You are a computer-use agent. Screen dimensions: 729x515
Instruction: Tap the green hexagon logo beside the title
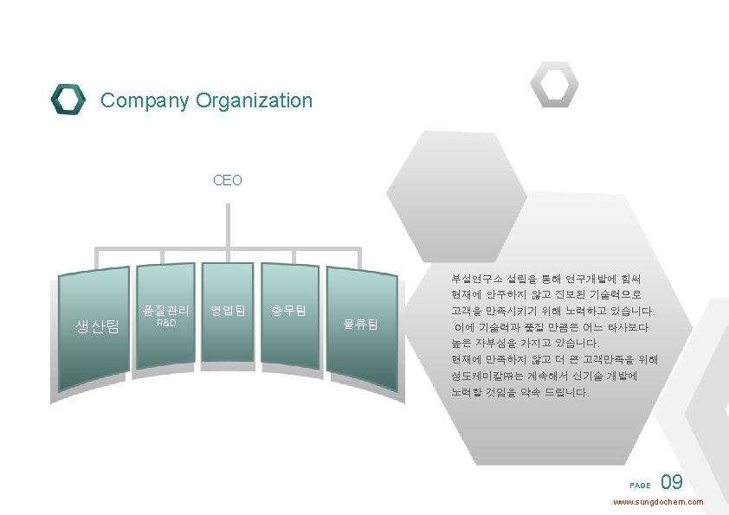68,100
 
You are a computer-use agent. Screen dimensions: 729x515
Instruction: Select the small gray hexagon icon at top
554,85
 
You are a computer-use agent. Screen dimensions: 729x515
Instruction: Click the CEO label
228,181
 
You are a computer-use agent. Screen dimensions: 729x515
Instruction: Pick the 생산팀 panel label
97,325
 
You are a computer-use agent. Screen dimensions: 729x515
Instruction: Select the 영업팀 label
228,310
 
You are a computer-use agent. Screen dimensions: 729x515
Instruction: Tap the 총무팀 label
288,310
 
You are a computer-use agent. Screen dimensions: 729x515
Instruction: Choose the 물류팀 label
361,325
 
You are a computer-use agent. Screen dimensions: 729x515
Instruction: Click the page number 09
672,483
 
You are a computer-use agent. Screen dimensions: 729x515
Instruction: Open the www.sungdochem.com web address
658,502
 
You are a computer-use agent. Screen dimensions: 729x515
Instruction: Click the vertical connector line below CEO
229,225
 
